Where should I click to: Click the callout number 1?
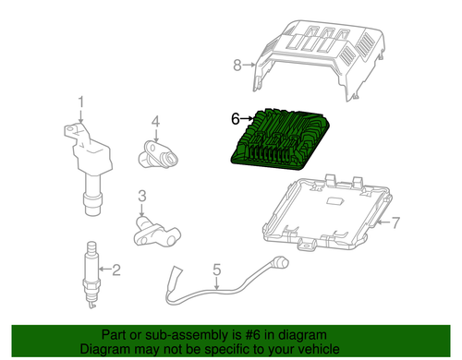(x=80, y=102)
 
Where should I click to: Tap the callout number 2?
(x=116, y=270)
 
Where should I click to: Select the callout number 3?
(x=143, y=196)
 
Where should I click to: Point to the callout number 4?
(x=155, y=121)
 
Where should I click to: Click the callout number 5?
(x=217, y=270)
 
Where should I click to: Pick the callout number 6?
(x=235, y=118)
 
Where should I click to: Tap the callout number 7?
(x=396, y=222)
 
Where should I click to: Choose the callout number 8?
(x=237, y=65)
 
